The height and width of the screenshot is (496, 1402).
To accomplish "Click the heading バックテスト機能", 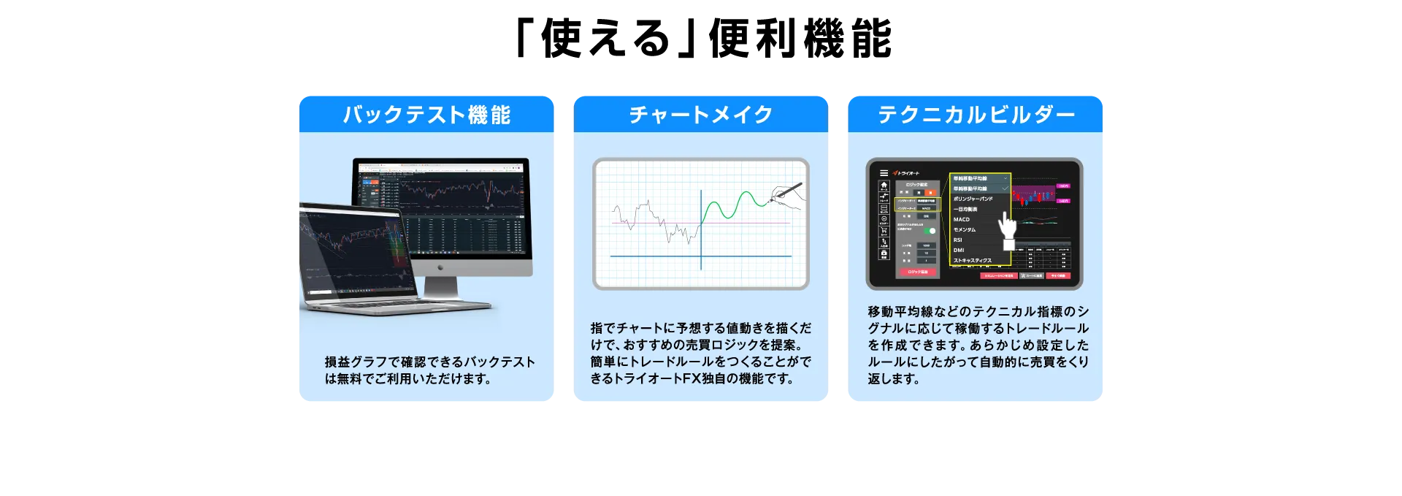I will (426, 115).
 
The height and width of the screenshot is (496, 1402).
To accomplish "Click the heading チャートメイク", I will (700, 115).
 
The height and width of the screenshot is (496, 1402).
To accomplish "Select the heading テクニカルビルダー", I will (976, 115).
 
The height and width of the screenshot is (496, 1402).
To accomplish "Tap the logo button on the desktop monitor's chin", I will (440, 267).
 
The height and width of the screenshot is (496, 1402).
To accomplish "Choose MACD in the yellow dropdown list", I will (962, 219).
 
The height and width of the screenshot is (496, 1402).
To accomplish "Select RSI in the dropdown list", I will (958, 240).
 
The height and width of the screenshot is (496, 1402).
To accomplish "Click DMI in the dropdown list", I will (959, 250).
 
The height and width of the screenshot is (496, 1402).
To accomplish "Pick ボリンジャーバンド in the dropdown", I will (973, 199).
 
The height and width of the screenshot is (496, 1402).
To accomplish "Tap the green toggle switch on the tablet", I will (930, 231).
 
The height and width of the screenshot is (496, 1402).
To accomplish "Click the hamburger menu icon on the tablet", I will (884, 173).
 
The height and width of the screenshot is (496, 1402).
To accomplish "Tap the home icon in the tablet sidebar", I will (884, 186).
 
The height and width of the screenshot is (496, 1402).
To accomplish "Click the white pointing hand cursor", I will (1008, 228).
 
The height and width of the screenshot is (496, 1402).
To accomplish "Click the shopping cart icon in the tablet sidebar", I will (884, 231).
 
